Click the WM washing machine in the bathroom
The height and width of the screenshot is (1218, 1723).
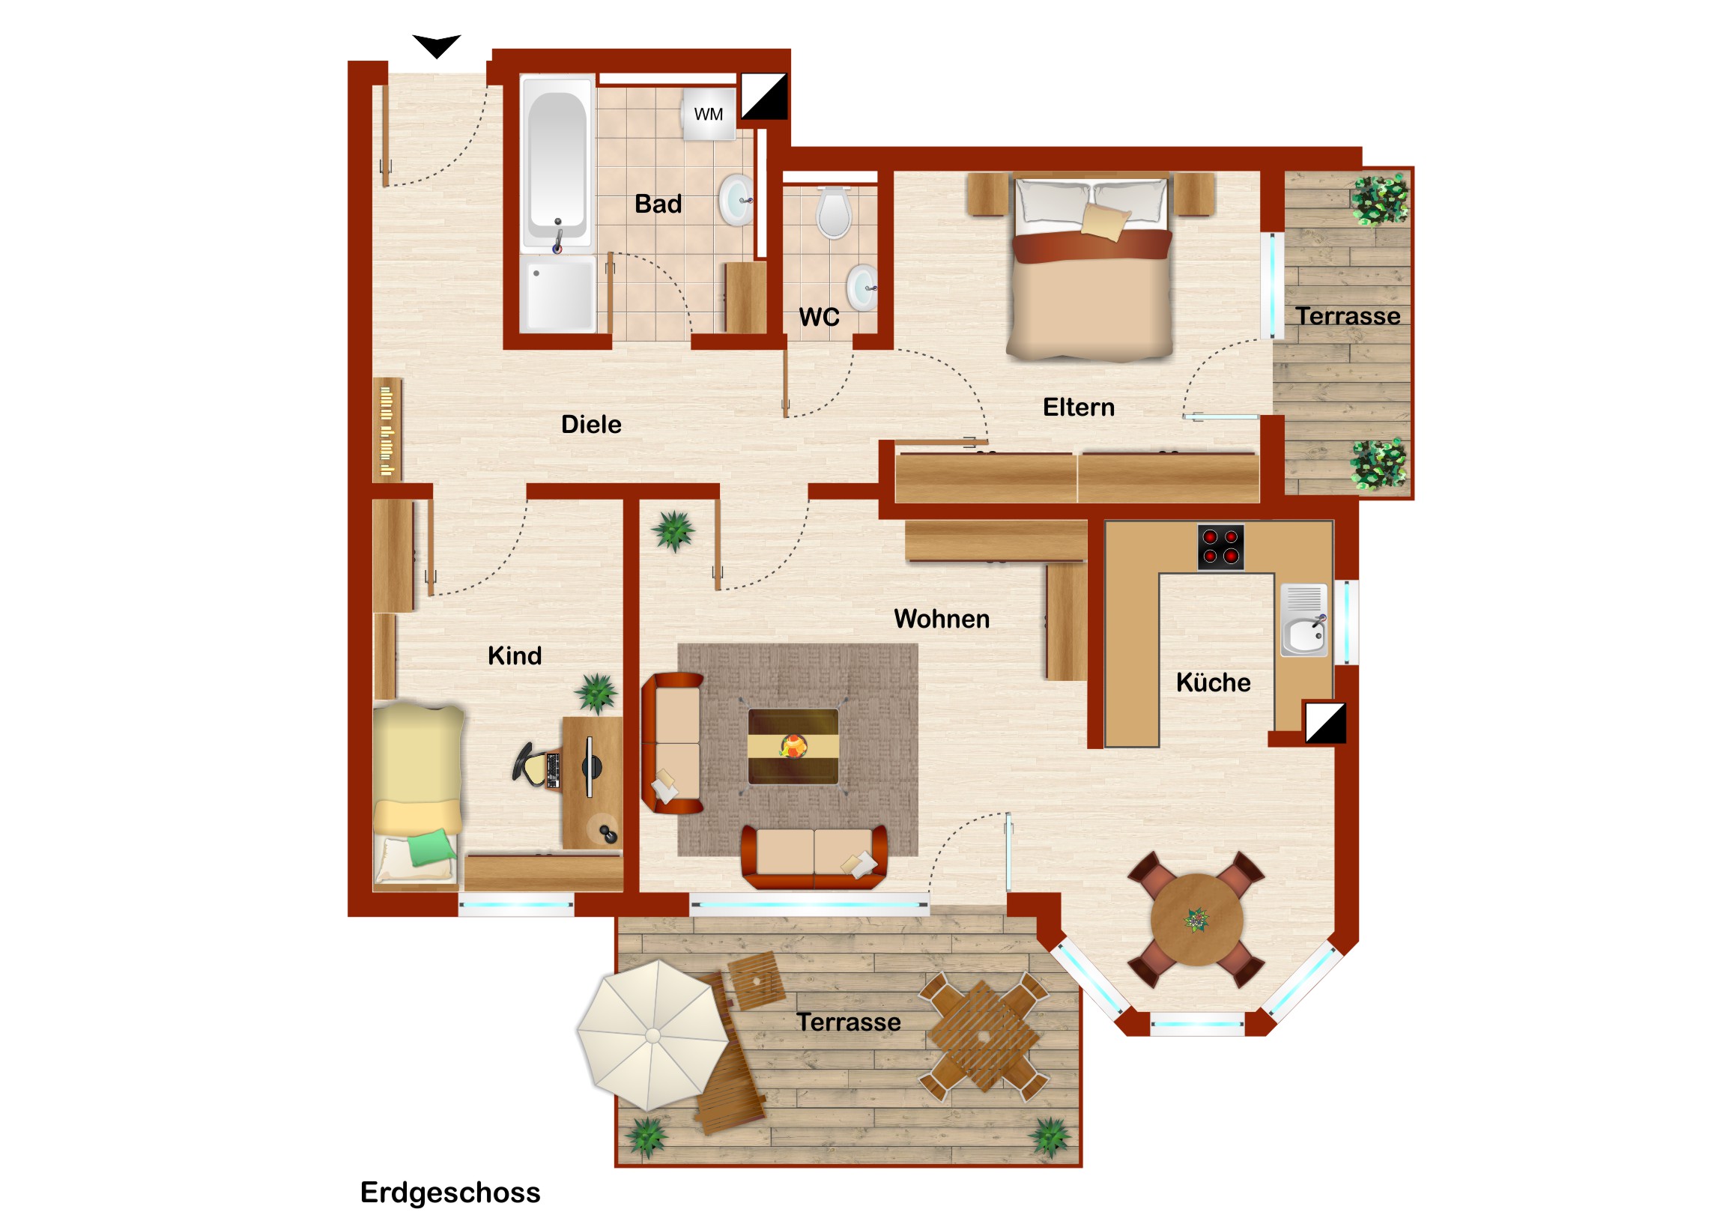[x=709, y=114]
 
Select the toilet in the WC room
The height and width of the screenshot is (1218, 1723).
[x=834, y=213]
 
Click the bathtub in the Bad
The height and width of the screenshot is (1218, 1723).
[x=557, y=163]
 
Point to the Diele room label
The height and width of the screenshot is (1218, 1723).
[x=591, y=425]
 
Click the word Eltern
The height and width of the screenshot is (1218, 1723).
[x=1079, y=407]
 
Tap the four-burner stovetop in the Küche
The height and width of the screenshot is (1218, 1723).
[x=1220, y=547]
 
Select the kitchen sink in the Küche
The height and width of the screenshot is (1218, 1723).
[x=1304, y=621]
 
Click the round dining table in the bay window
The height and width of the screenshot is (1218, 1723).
[x=1197, y=920]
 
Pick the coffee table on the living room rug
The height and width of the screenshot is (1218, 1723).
[x=793, y=747]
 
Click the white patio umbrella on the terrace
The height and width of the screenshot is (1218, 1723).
[x=653, y=1037]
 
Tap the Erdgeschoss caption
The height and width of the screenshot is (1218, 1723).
[x=450, y=1193]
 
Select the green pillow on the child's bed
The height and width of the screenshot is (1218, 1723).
[x=431, y=848]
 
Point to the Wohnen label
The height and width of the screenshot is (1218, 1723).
[x=942, y=619]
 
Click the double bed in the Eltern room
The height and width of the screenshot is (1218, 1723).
[x=1090, y=267]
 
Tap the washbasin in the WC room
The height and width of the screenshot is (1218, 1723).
[x=862, y=288]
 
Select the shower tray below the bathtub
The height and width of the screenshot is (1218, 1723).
[x=558, y=294]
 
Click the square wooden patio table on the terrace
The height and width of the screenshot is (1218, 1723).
[x=983, y=1037]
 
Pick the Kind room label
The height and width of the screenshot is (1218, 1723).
[x=515, y=656]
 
